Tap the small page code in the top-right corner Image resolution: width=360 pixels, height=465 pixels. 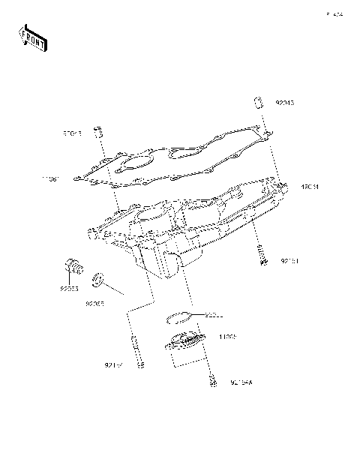click(333, 14)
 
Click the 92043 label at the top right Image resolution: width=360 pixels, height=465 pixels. click(286, 103)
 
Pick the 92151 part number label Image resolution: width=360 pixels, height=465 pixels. click(291, 262)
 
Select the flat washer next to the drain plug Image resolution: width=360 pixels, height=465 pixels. click(96, 282)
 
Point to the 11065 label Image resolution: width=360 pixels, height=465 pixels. click(229, 338)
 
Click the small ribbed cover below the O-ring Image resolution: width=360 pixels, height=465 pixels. click(184, 346)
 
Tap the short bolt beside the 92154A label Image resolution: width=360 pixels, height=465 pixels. click(214, 380)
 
